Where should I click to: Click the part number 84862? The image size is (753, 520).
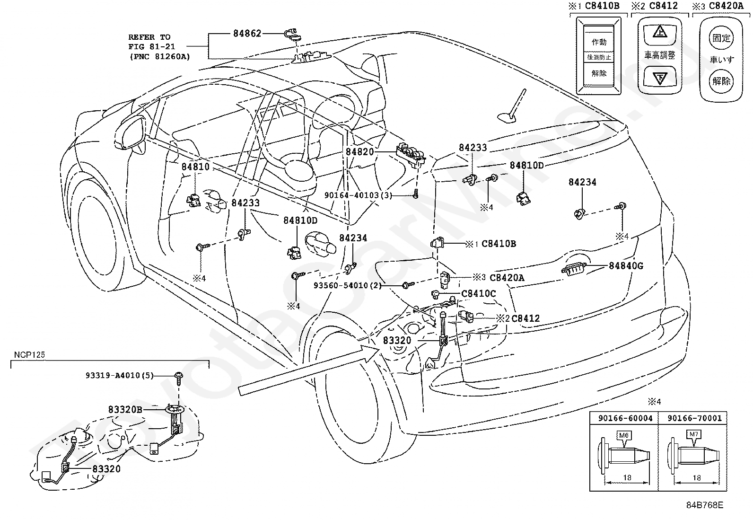pyautogui.click(x=247, y=34)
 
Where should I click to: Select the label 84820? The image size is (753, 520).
pyautogui.click(x=359, y=152)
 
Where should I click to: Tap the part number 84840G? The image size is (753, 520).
pyautogui.click(x=626, y=266)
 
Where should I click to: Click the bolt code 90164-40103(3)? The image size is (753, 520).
pyautogui.click(x=358, y=195)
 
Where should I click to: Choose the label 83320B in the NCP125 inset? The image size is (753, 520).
pyautogui.click(x=125, y=410)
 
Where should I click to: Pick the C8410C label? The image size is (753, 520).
pyautogui.click(x=479, y=294)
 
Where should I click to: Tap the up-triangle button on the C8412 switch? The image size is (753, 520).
pyautogui.click(x=660, y=33)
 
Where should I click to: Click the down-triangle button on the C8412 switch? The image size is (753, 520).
pyautogui.click(x=660, y=77)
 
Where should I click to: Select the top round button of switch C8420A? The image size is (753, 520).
pyautogui.click(x=721, y=38)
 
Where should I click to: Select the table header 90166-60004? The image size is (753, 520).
pyautogui.click(x=625, y=418)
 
